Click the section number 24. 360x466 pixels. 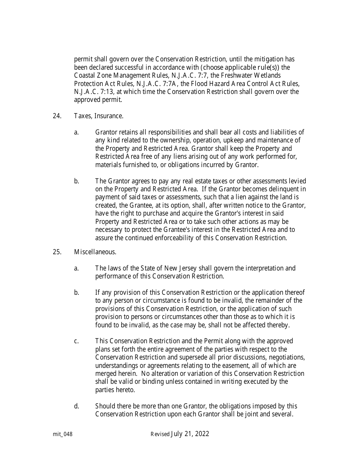click(57, 116)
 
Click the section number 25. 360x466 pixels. click(57, 252)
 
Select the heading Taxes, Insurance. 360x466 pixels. click(99, 116)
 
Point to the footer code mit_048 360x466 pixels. click(63, 435)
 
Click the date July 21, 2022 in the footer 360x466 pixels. click(190, 434)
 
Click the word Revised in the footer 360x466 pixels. click(160, 435)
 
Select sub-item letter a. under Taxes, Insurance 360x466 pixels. click(77, 132)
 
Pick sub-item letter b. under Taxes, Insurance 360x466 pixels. click(77, 181)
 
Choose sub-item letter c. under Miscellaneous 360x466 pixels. click(77, 341)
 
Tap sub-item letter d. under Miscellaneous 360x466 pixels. click(77, 406)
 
